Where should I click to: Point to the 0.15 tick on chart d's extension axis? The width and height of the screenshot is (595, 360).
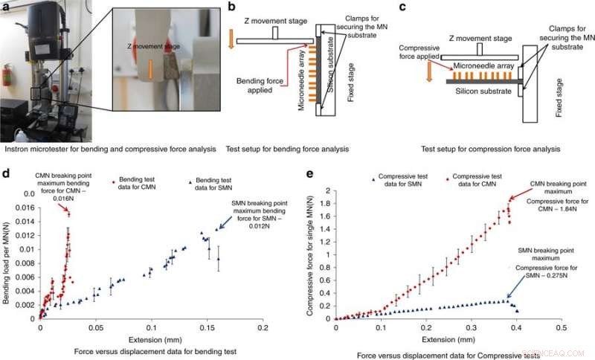coord(152,327)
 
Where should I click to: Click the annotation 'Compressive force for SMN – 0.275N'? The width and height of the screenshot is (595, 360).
coord(544,274)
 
